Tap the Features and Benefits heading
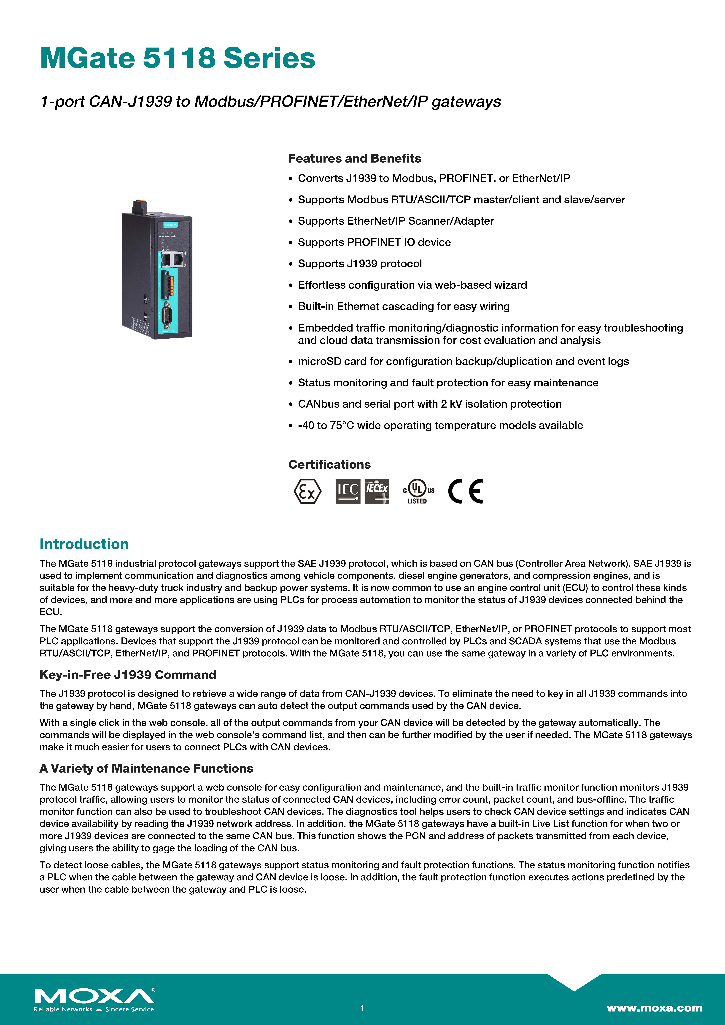tap(354, 158)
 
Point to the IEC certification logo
tap(348, 491)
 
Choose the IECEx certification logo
tap(377, 491)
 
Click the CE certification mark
tap(465, 491)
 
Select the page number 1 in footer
tap(362, 1008)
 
